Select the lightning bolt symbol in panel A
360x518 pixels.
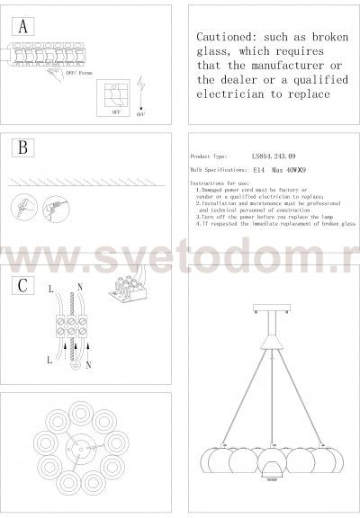141,88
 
